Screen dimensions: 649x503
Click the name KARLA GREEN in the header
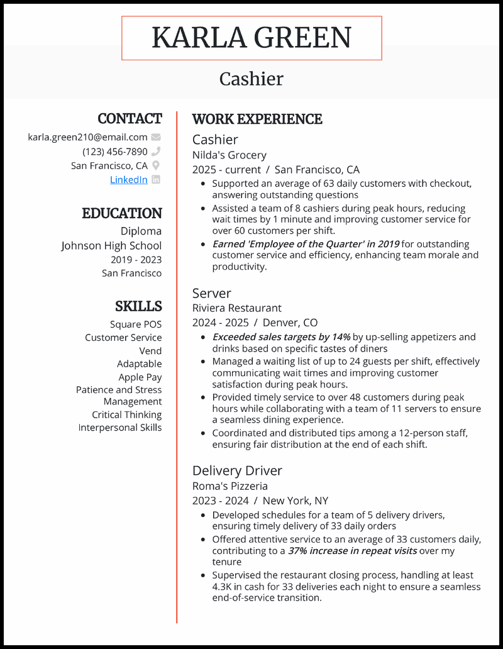(x=251, y=38)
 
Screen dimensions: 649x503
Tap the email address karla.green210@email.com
(x=87, y=137)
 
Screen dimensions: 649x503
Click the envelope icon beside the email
(x=156, y=137)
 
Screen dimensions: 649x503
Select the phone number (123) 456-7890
(x=115, y=152)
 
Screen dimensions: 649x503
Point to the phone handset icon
(x=156, y=152)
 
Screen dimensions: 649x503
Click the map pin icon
(x=156, y=166)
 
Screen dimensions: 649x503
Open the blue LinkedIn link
(x=129, y=180)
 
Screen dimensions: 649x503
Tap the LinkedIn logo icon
(x=156, y=180)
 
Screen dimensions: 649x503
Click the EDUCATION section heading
(x=122, y=213)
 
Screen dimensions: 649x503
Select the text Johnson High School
(x=111, y=246)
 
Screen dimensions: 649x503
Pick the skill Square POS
(x=136, y=324)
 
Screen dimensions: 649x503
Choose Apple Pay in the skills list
(x=140, y=377)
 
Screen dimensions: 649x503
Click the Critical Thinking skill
(x=127, y=415)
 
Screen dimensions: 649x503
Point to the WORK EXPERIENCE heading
(x=257, y=119)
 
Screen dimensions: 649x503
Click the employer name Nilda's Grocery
(x=229, y=155)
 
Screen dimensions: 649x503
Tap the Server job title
(x=212, y=293)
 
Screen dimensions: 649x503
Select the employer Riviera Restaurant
(x=237, y=308)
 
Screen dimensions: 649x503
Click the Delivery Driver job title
(x=237, y=470)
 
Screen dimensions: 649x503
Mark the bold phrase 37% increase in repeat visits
(x=352, y=551)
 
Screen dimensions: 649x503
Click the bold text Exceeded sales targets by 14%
(x=281, y=337)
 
